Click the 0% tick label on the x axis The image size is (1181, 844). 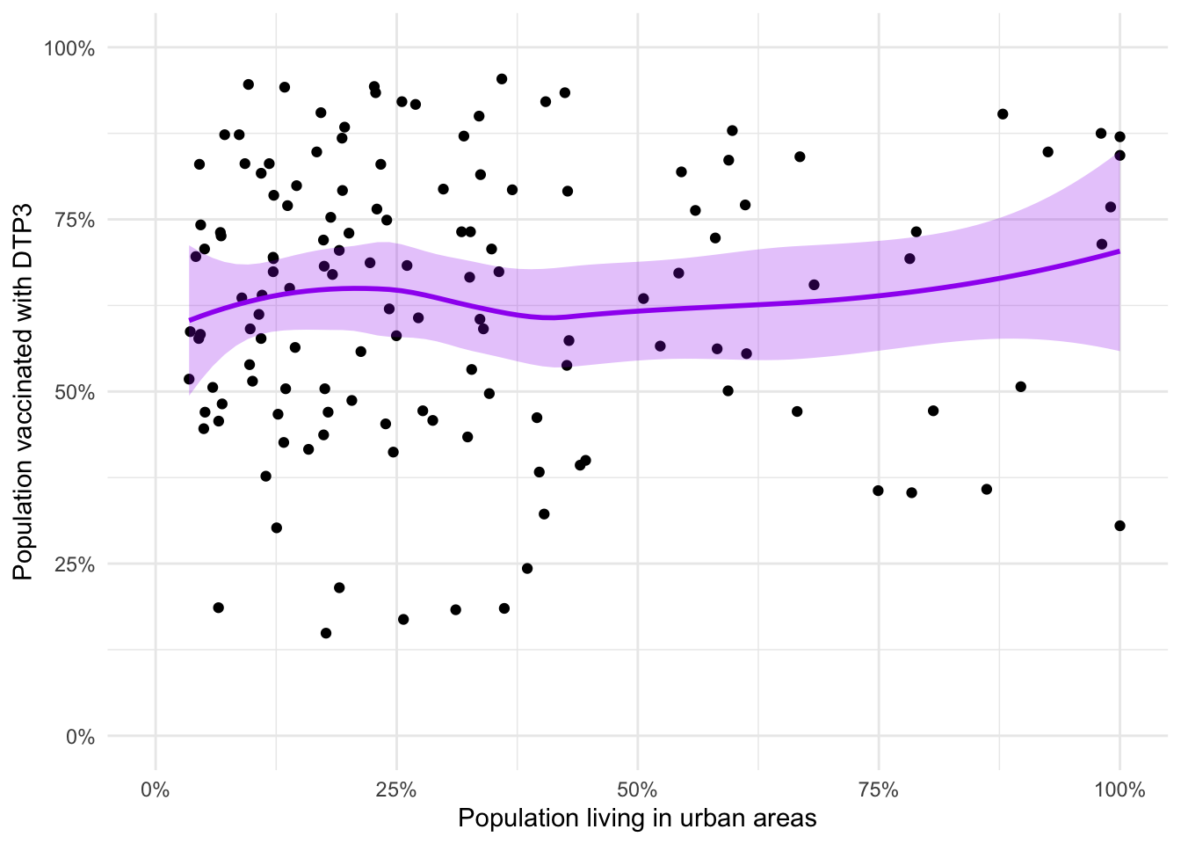156,790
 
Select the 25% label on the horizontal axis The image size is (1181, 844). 396,790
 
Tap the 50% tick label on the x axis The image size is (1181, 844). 637,790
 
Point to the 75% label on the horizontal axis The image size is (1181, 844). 878,790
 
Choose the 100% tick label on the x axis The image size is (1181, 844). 1119,790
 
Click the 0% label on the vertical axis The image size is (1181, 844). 80,737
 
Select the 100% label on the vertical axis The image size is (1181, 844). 70,47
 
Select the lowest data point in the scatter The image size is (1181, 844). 326,633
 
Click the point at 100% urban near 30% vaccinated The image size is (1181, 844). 1119,526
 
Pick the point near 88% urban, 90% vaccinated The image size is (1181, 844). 1003,114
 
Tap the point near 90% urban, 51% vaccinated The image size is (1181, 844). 1020,387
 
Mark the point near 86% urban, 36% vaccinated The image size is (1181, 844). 986,489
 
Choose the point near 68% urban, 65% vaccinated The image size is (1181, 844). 814,285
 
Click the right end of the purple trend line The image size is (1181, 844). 1119,251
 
